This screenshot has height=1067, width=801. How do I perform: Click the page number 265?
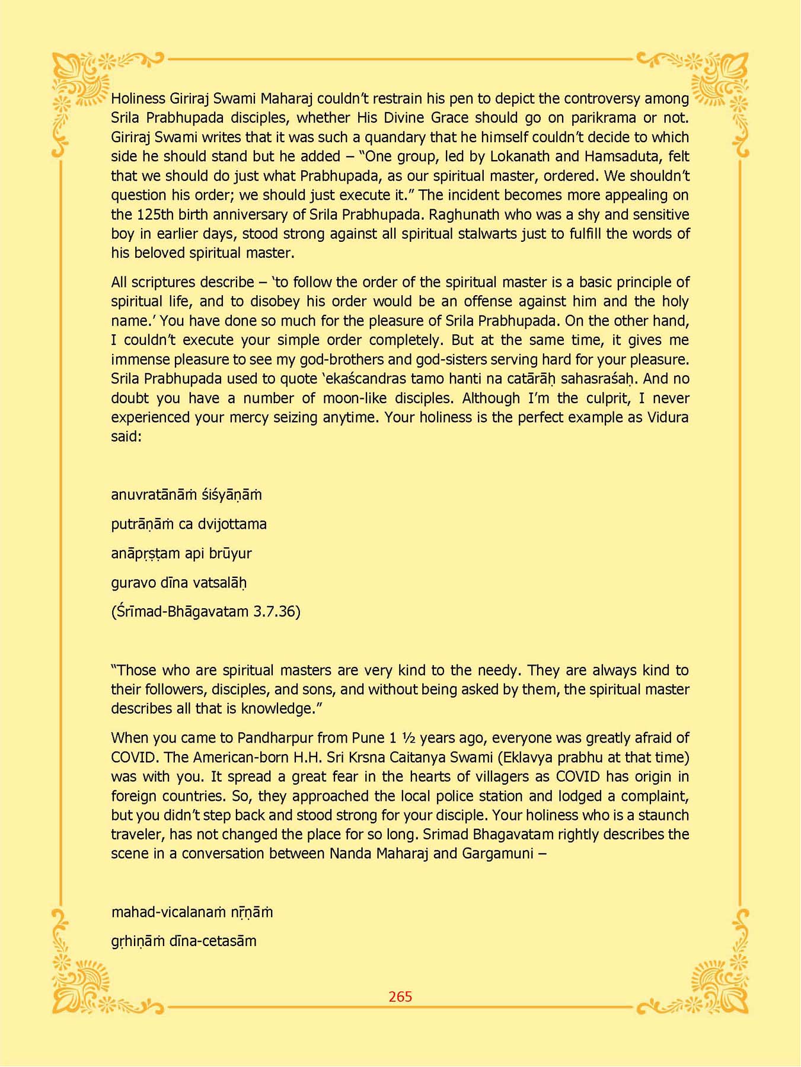(400, 996)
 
